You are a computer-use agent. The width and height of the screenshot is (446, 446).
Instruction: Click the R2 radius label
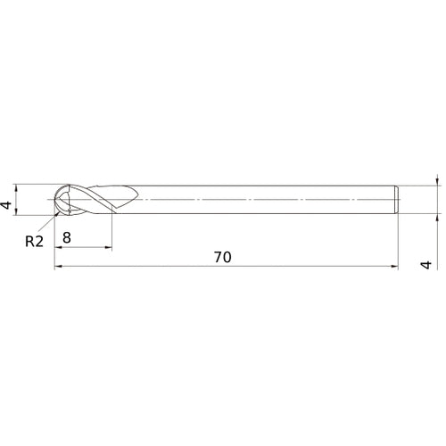(x=33, y=240)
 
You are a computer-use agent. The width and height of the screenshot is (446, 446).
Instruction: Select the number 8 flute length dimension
(x=68, y=237)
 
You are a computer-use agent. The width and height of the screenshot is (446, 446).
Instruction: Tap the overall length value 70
(x=223, y=257)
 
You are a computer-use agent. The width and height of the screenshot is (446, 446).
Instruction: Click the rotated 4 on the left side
(x=8, y=205)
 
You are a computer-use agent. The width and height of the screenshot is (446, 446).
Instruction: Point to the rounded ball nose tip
(x=57, y=200)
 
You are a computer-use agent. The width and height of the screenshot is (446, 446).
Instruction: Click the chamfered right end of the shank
(x=395, y=200)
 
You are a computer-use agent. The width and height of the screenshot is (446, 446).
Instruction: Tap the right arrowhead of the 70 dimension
(x=392, y=266)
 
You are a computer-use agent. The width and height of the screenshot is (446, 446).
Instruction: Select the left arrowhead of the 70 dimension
(x=59, y=266)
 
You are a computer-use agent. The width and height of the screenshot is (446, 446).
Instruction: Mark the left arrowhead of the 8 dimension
(x=59, y=247)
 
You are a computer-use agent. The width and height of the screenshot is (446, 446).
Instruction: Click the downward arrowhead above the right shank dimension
(x=437, y=181)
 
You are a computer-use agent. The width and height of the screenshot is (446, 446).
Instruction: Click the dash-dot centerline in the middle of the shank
(x=268, y=200)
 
